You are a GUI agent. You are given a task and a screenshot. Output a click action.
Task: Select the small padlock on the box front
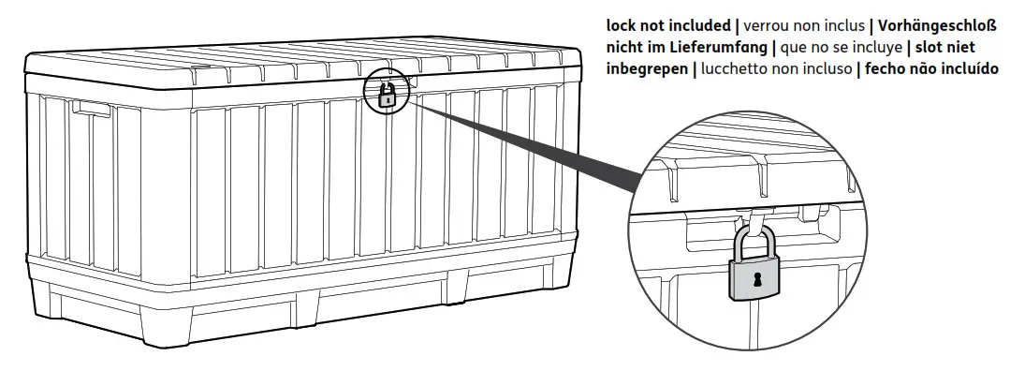(386, 94)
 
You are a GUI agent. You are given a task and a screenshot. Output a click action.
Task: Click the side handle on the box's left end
(89, 109)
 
